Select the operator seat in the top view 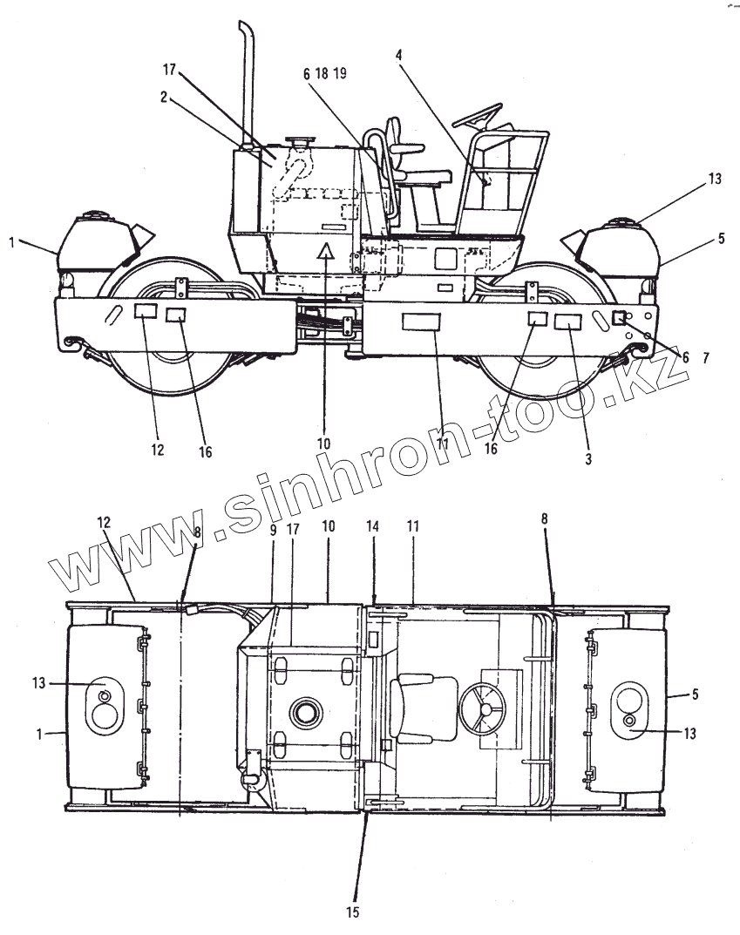coord(423,708)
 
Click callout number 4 coord(398,54)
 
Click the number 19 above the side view coord(340,74)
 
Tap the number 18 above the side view coord(322,74)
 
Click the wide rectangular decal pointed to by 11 coord(422,322)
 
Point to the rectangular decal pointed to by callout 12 coord(145,312)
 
